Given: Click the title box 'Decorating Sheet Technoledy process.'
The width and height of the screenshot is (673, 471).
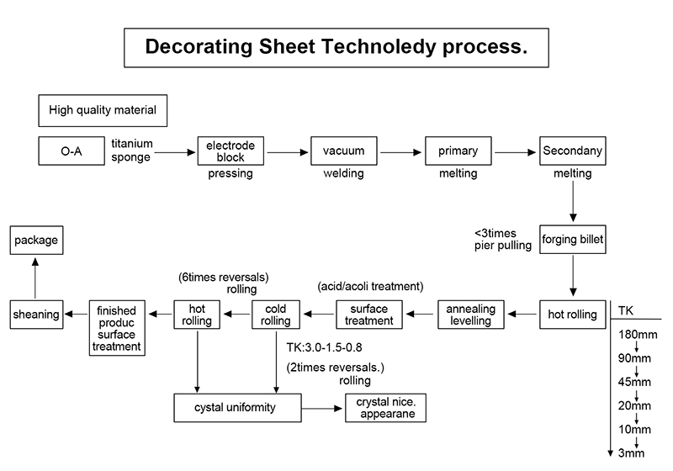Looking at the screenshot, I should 336,47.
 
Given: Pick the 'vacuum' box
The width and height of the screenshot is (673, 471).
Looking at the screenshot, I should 343,151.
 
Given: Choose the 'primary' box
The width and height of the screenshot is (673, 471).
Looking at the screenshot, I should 458,151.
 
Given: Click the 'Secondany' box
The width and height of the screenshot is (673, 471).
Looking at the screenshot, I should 572,151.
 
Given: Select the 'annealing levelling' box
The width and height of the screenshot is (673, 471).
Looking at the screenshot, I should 470,315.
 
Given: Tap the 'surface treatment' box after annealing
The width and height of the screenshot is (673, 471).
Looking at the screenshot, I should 369,315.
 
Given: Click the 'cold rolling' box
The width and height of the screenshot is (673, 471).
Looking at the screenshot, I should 275,315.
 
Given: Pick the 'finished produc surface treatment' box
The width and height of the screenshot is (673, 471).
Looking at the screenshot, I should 118,328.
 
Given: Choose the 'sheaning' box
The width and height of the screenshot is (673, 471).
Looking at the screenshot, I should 36,315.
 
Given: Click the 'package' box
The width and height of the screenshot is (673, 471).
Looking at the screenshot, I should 36,241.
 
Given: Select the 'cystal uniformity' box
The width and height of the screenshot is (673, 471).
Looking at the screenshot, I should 237,409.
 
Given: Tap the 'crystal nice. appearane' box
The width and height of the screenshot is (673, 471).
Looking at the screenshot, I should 384,409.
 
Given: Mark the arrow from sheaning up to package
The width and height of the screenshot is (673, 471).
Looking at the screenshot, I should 36,278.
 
